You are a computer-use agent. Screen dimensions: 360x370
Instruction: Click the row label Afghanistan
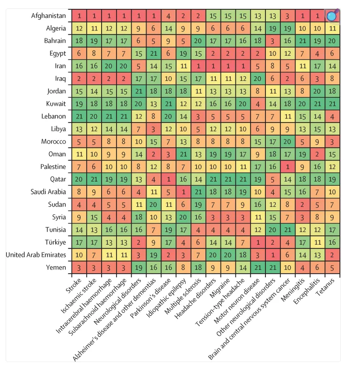point(48,16)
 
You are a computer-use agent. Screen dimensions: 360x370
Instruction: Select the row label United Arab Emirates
point(36,255)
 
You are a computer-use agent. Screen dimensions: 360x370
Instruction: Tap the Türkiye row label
point(56,242)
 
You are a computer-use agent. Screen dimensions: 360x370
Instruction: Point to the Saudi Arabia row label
point(48,192)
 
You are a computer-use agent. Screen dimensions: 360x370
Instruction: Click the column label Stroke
point(73,285)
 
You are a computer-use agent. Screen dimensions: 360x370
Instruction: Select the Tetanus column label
point(325,287)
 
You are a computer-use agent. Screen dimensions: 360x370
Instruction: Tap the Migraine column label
point(220,288)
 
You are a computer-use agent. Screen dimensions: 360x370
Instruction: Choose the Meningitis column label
point(293,290)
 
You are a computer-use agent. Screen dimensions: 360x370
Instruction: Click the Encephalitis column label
point(307,291)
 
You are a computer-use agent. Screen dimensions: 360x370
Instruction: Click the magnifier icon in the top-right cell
point(332,16)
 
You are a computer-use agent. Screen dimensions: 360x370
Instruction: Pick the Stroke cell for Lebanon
point(79,116)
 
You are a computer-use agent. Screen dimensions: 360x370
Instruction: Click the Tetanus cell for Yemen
point(332,268)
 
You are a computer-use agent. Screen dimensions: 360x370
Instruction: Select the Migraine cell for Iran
point(228,66)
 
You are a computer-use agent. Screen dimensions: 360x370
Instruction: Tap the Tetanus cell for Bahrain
point(332,41)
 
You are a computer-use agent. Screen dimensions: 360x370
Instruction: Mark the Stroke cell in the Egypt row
point(79,54)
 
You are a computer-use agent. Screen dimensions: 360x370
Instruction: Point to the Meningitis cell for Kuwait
point(302,104)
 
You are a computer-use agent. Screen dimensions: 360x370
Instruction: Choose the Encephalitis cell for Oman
point(317,154)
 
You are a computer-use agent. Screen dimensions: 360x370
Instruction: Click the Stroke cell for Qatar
point(79,179)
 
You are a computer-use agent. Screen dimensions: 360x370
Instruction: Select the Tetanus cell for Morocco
point(332,142)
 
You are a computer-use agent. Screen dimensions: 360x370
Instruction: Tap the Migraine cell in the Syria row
point(228,217)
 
